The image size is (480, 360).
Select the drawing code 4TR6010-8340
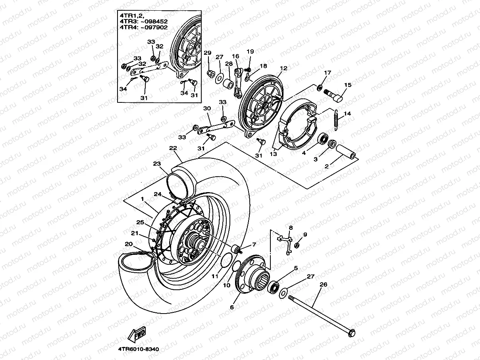pos(138,349)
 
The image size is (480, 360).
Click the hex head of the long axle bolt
pos(351,333)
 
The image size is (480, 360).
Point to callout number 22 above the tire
pos(173,148)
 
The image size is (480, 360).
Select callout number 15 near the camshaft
pos(348,85)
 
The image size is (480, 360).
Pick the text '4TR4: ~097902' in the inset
pos(143,27)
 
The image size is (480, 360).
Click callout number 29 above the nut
pos(207,53)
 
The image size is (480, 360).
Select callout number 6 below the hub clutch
pos(232,307)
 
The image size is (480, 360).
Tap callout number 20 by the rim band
pos(129,244)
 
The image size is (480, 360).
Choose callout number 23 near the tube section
pos(157,163)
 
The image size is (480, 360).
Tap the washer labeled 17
pos(320,87)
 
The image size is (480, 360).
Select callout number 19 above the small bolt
pos(250,52)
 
